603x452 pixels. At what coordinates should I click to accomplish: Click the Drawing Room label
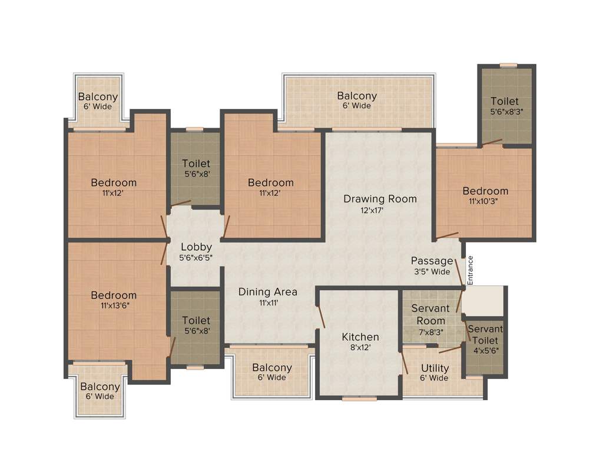(x=380, y=199)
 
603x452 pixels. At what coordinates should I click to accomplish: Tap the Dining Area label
(x=267, y=292)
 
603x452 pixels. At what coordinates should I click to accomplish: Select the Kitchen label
(x=360, y=337)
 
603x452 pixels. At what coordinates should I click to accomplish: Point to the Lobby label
(x=196, y=247)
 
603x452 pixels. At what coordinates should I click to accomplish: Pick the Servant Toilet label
(x=486, y=335)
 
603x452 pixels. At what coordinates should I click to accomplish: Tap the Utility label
(x=435, y=368)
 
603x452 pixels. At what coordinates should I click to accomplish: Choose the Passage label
(x=432, y=261)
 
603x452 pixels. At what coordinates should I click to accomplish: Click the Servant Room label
(x=430, y=314)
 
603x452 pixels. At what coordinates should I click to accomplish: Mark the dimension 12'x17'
(x=372, y=211)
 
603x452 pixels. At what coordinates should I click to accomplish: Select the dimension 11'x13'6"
(x=114, y=306)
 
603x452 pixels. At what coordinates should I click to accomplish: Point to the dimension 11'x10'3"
(x=485, y=202)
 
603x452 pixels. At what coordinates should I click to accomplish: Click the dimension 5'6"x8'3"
(x=506, y=112)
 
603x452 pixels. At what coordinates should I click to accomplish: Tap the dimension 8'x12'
(x=360, y=348)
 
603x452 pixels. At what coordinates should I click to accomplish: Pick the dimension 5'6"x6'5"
(x=196, y=258)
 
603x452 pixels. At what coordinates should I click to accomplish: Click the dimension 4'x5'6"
(x=486, y=351)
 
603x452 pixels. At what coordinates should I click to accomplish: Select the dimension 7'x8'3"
(x=430, y=331)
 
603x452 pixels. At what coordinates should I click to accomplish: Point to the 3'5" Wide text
(x=432, y=272)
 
